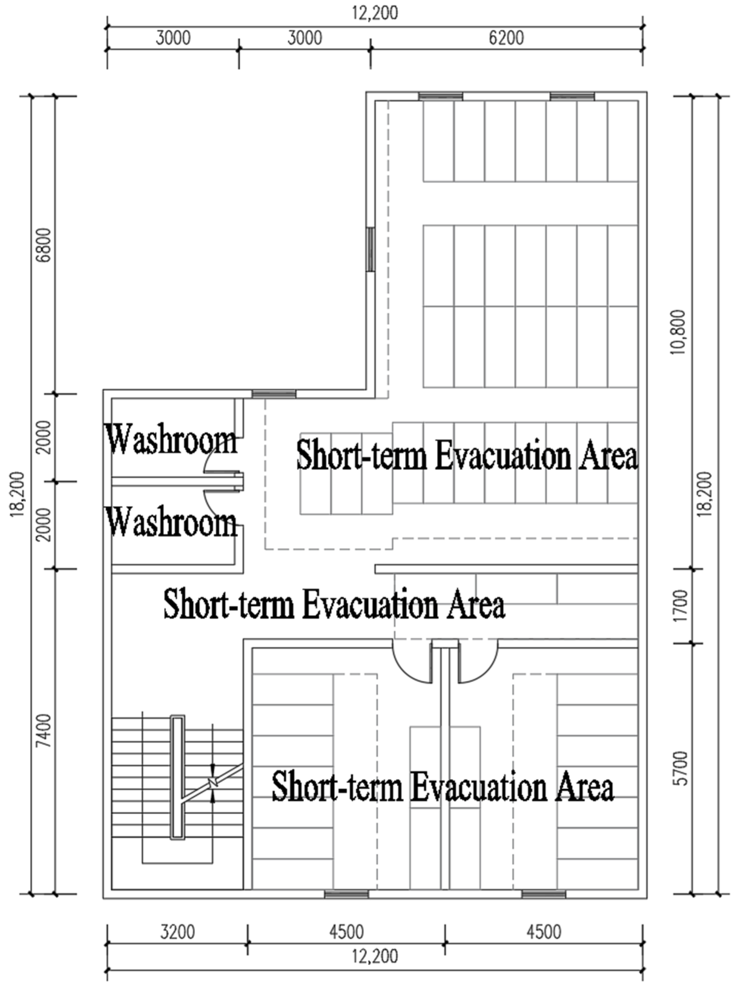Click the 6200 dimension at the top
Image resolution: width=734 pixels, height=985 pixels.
506,38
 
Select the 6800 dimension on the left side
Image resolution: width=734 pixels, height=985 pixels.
44,245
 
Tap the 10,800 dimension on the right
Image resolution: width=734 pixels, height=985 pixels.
680,332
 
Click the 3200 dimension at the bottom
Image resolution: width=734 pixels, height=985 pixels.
177,932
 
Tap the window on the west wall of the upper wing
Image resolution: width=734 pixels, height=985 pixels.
370,249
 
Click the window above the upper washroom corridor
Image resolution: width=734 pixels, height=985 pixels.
274,394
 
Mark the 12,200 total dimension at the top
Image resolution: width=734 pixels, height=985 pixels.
375,13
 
